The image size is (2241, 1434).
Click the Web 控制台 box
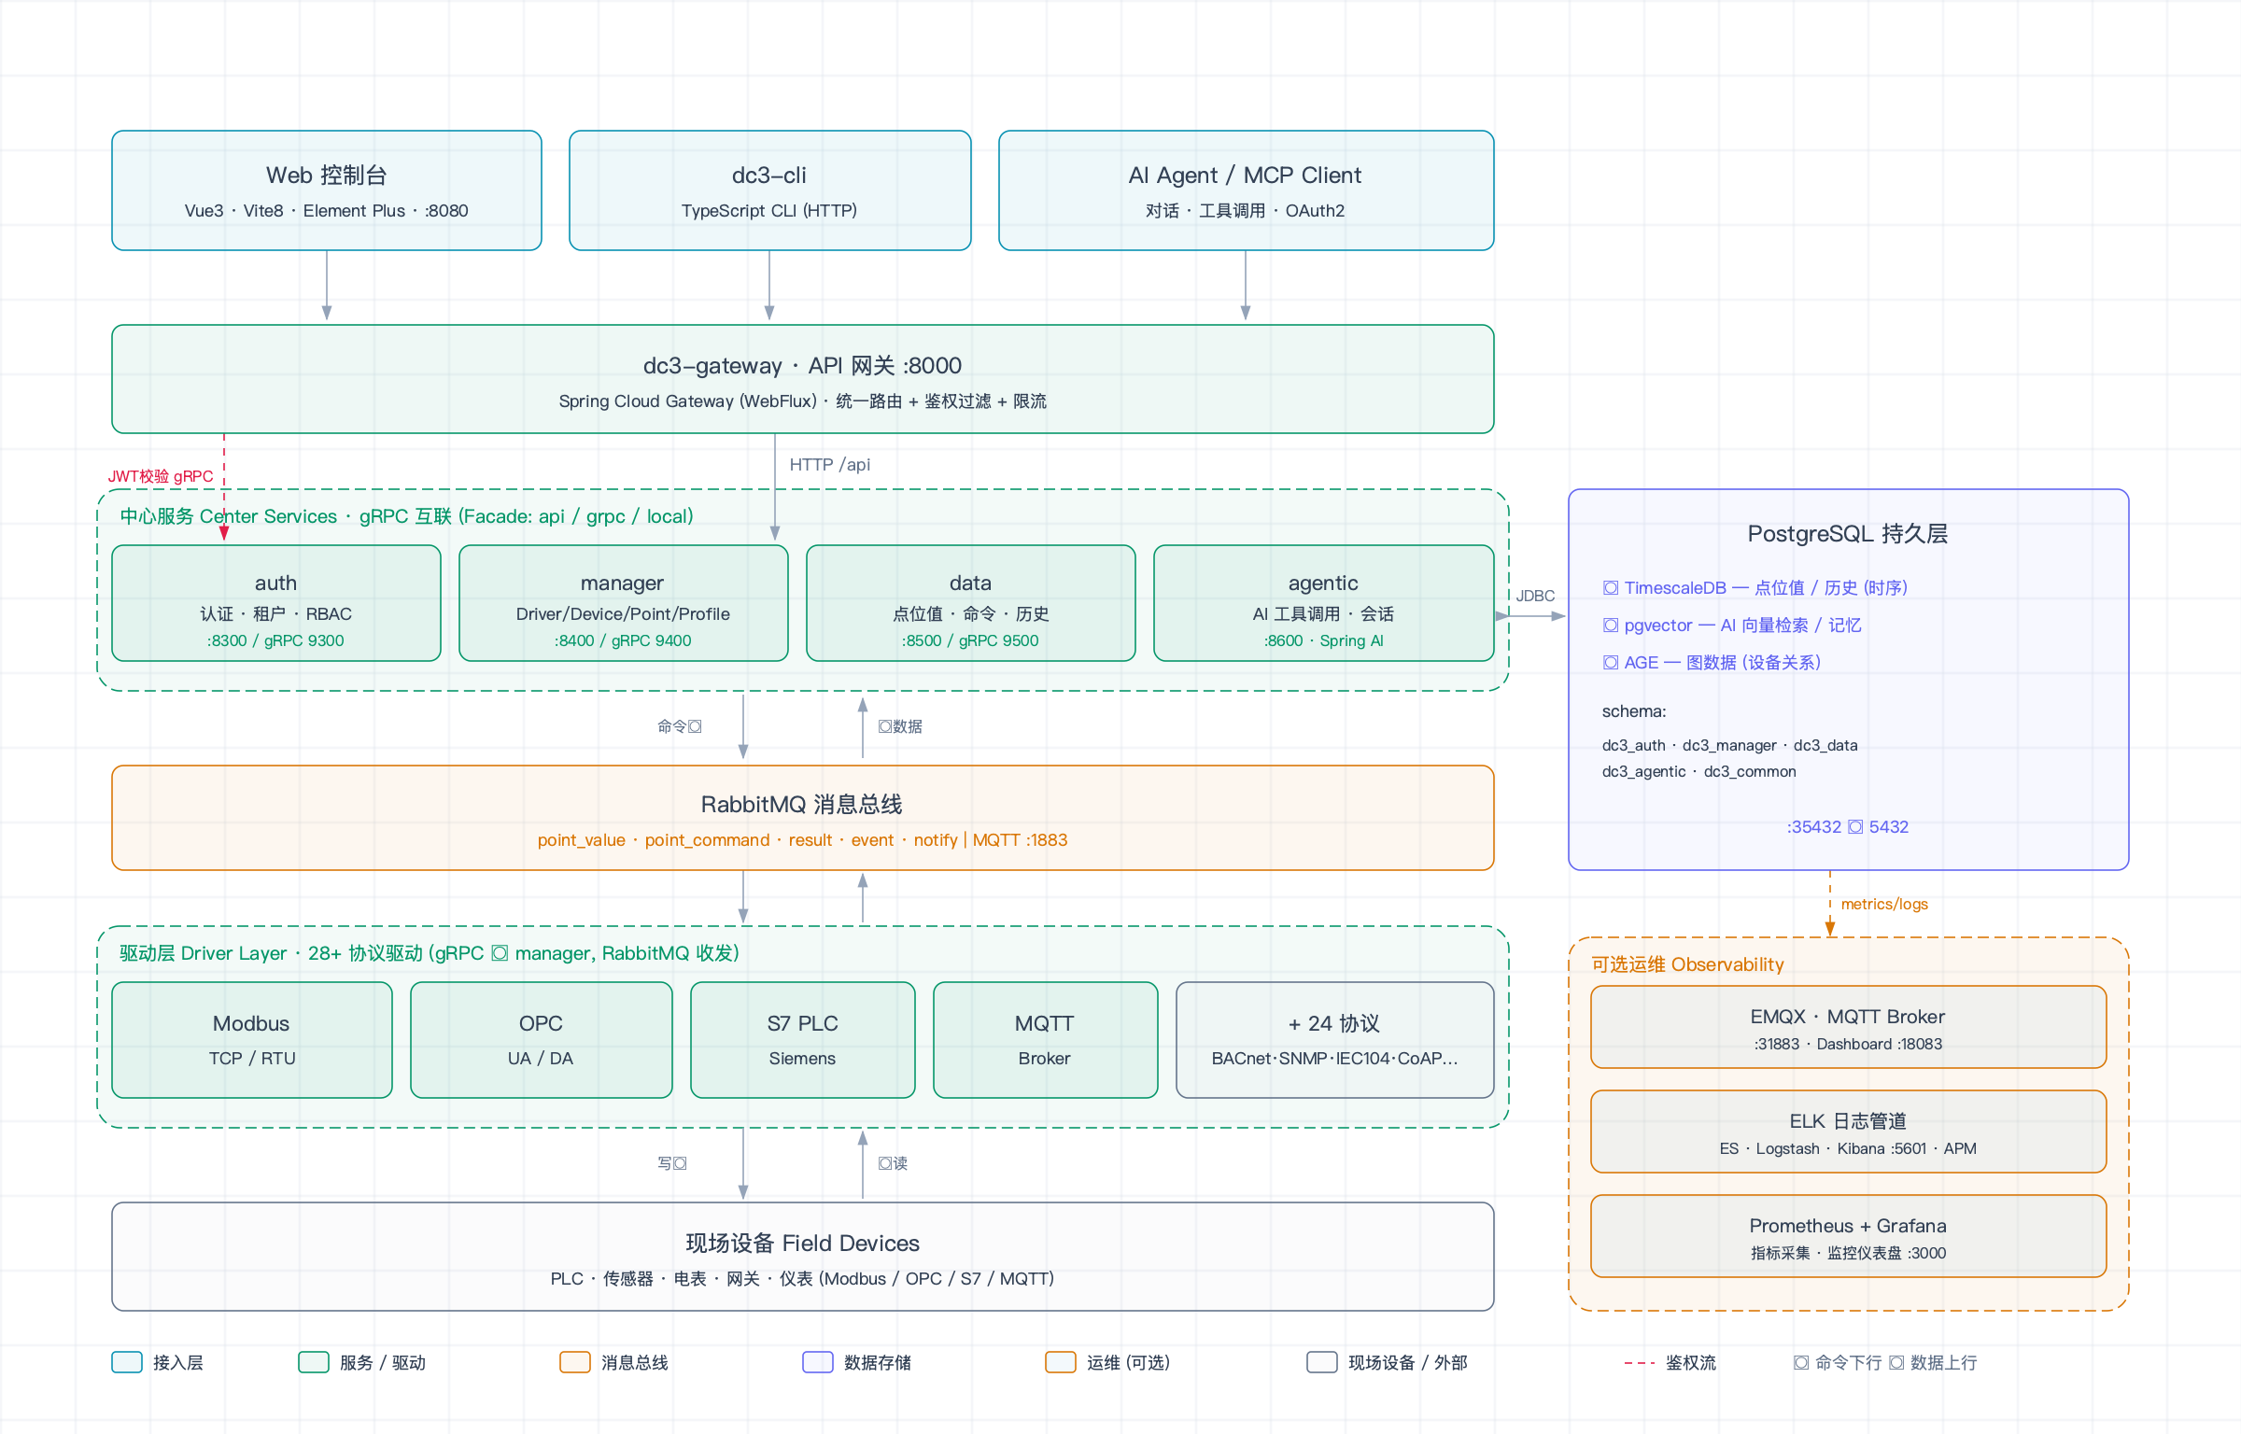[327, 190]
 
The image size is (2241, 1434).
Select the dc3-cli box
[769, 190]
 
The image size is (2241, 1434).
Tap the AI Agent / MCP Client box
[1246, 190]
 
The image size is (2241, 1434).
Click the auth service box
[276, 603]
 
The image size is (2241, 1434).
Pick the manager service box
[624, 603]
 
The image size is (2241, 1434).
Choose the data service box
[971, 603]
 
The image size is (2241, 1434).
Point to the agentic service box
[1324, 603]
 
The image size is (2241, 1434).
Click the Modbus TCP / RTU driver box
[252, 1040]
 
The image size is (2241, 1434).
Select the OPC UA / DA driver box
[542, 1040]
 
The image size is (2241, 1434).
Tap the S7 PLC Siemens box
[803, 1040]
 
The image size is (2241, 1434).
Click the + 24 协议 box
[1335, 1040]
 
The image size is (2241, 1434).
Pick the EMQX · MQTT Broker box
[1849, 1027]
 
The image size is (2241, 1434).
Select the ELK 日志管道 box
[1849, 1132]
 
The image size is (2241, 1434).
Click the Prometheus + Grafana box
[1849, 1236]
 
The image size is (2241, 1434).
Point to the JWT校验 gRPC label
[161, 476]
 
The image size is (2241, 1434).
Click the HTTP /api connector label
[830, 465]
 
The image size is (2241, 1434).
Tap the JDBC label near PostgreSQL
[1535, 596]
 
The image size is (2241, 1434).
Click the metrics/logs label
[1884, 904]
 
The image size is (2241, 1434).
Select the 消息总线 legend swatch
[575, 1362]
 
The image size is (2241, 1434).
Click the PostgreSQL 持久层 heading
[1848, 534]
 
